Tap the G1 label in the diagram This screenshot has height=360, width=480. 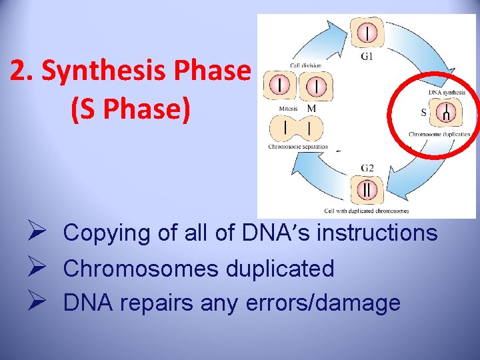(367, 57)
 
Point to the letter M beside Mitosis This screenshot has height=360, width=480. (311, 108)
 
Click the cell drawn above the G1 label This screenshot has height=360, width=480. (367, 32)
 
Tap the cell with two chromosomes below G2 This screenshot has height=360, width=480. (367, 189)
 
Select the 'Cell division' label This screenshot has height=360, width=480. (305, 65)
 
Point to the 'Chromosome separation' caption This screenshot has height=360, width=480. (298, 147)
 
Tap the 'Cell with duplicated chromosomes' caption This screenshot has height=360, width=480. (367, 210)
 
